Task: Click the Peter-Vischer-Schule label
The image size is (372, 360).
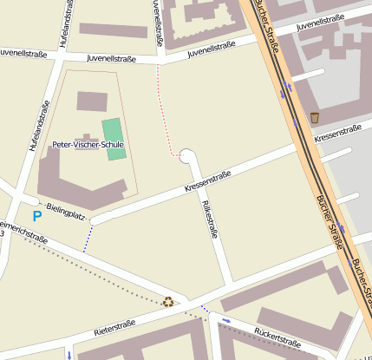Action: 88,145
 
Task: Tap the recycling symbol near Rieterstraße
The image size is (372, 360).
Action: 167,302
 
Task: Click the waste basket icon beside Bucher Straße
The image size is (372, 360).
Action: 314,117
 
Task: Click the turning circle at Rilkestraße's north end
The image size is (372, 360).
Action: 186,156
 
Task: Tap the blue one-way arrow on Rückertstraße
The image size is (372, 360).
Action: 226,320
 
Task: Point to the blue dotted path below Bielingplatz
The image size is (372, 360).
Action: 87,239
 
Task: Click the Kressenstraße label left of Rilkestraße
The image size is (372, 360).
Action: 207,181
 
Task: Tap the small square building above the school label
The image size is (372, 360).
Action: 91,101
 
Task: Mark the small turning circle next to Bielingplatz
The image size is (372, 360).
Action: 94,221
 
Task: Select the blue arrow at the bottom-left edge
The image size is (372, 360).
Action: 69,354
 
